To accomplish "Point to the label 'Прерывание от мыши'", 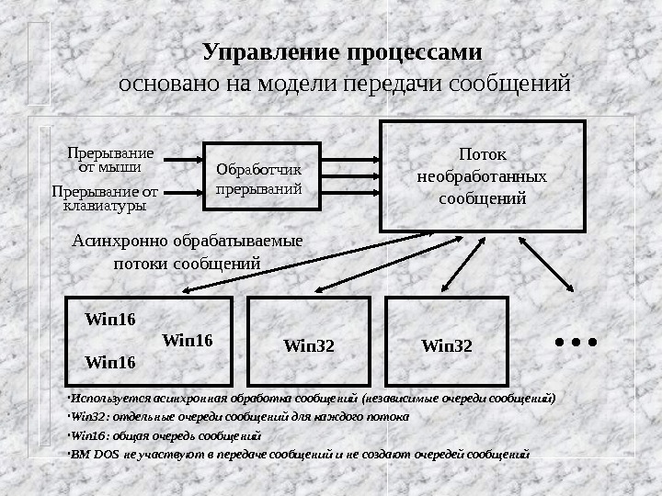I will (109, 159).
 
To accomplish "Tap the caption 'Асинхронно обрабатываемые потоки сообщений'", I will (187, 252).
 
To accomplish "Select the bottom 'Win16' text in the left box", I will (109, 362).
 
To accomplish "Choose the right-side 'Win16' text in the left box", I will (187, 340).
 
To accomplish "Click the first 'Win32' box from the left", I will (309, 341).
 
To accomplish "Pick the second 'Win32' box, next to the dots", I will (446, 341).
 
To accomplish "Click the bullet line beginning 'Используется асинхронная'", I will (313, 399).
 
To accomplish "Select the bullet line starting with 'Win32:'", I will (239, 417).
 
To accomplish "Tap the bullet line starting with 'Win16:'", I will (165, 435).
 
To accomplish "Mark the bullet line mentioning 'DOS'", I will (299, 454).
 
